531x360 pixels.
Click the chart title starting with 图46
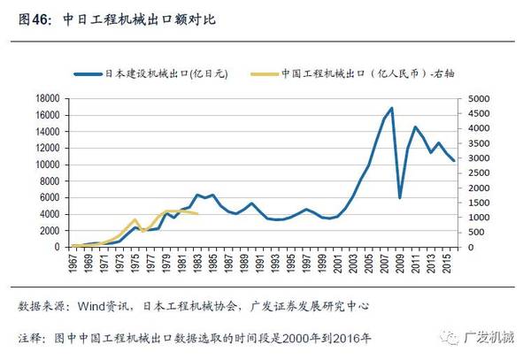(x=114, y=18)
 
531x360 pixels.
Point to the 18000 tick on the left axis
(x=47, y=99)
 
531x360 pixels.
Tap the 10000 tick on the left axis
(x=47, y=165)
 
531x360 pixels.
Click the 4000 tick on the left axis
(x=50, y=214)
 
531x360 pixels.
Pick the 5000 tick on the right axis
(x=480, y=99)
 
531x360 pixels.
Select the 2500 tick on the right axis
(x=480, y=172)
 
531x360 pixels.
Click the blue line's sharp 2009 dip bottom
(x=400, y=197)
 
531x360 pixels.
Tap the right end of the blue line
(x=455, y=161)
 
